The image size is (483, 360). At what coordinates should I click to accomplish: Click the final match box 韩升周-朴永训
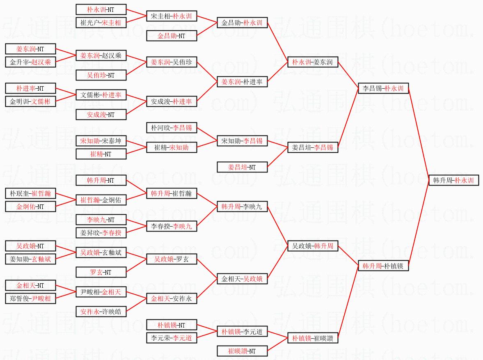point(454,180)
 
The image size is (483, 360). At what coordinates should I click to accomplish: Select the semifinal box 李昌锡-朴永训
point(383,88)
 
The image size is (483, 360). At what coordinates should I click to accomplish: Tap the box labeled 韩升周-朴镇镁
point(383,266)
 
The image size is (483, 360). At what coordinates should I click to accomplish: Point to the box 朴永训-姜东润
point(313,62)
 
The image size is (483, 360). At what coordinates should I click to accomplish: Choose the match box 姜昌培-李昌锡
point(313,147)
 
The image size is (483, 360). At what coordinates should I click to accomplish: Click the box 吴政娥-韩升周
point(313,246)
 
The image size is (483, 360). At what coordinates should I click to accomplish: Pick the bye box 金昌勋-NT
point(172,36)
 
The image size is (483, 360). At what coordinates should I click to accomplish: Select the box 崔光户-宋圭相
point(101,23)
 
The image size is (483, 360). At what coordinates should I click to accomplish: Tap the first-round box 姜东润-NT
point(30,49)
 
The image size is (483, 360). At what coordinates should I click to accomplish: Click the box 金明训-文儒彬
point(30,101)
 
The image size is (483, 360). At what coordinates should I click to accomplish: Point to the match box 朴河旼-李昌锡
point(172,128)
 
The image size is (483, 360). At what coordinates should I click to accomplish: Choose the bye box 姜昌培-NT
point(242,167)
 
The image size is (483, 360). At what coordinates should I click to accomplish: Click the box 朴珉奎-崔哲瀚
point(30,193)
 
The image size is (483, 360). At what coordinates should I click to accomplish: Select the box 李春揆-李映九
point(172,226)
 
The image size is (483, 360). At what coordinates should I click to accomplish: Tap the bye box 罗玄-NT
point(101,272)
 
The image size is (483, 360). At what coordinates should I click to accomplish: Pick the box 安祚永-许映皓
point(101,312)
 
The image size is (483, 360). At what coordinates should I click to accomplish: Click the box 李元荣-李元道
point(172,338)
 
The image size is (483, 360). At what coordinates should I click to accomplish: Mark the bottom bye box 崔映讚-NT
point(242,351)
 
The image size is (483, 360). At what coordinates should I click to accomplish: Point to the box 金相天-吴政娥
point(242,279)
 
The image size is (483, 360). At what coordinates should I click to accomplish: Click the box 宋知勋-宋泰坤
point(101,141)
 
